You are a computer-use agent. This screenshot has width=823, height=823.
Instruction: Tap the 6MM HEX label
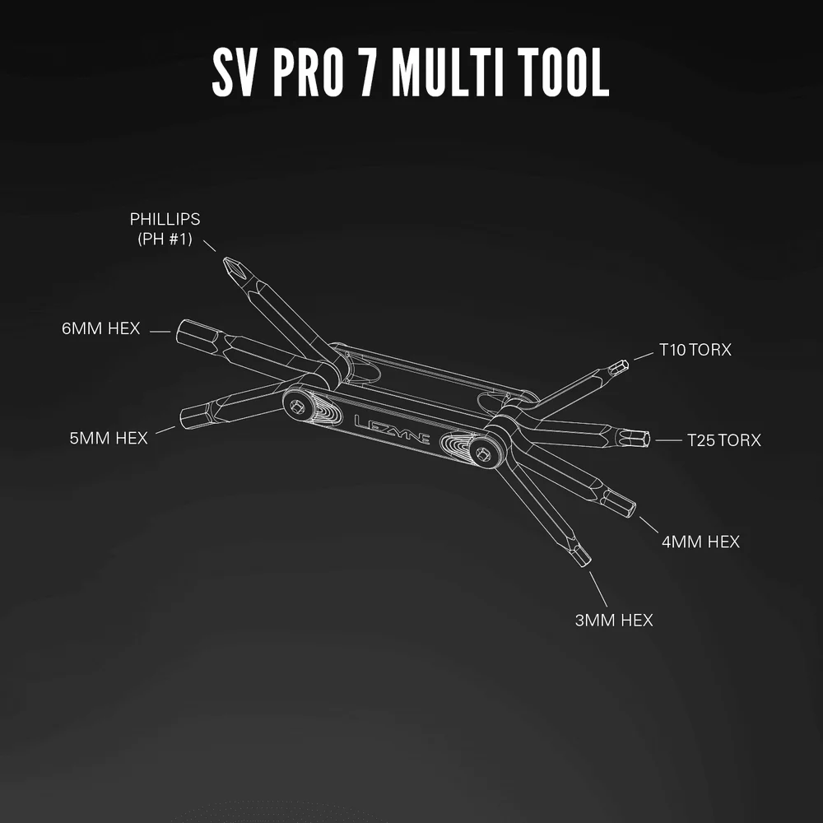[x=100, y=328]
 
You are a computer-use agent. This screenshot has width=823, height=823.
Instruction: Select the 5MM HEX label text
[x=109, y=438]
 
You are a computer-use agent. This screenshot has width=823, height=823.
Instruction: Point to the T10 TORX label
[x=695, y=350]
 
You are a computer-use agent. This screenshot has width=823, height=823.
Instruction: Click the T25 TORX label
[x=723, y=439]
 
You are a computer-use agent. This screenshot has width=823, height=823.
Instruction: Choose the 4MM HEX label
[x=700, y=542]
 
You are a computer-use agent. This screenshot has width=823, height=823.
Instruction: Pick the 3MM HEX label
[x=614, y=620]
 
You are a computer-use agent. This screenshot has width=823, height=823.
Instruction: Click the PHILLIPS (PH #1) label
[x=165, y=229]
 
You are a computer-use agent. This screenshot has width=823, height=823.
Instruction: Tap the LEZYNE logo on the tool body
[x=392, y=430]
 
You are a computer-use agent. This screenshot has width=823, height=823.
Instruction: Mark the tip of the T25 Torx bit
[x=649, y=439]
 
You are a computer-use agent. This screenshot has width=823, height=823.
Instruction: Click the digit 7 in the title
[x=368, y=72]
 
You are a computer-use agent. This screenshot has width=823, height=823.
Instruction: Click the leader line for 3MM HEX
[x=598, y=589]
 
